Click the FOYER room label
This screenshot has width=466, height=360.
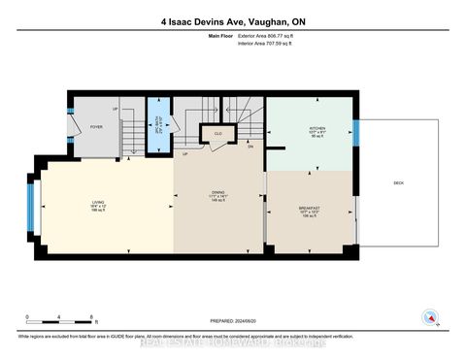(x=96, y=126)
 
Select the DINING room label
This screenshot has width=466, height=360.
(x=218, y=193)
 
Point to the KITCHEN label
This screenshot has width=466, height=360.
(x=317, y=128)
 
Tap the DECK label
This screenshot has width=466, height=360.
(x=399, y=181)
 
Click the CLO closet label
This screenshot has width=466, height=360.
(x=218, y=133)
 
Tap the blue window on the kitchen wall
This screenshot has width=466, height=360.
(x=355, y=132)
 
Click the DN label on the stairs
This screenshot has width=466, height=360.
(x=250, y=147)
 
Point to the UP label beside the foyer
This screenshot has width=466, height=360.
(x=116, y=110)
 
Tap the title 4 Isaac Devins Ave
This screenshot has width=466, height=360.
(x=232, y=20)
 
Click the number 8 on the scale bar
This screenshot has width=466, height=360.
(x=90, y=316)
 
